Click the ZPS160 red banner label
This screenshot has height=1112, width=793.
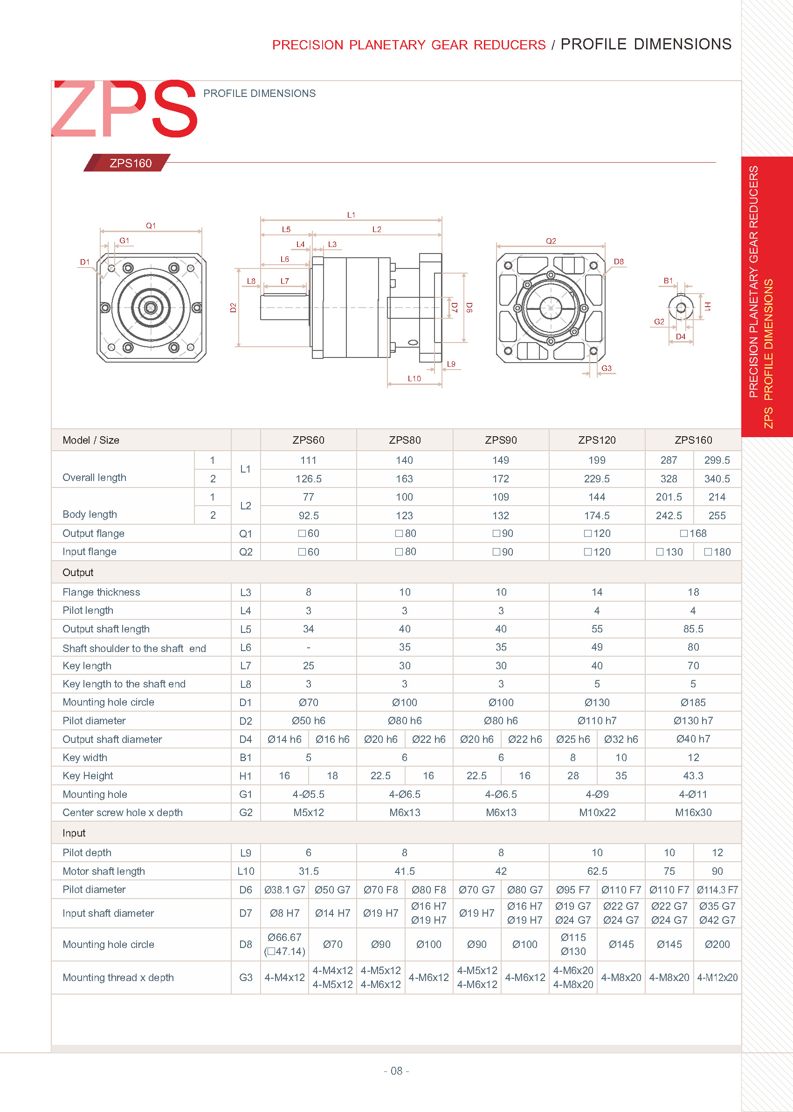tap(130, 163)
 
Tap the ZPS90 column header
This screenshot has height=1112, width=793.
tap(501, 440)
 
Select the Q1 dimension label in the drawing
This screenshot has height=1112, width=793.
tap(151, 226)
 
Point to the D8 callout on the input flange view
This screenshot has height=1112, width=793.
tap(619, 261)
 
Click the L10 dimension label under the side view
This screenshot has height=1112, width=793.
tap(414, 378)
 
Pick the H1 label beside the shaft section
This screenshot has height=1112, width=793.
tap(708, 307)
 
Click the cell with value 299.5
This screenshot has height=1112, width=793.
tap(717, 460)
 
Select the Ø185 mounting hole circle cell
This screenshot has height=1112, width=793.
tap(693, 702)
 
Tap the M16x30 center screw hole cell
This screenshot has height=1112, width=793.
tap(693, 813)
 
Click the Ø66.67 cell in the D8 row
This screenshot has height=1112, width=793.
tap(284, 938)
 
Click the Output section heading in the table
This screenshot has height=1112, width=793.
tap(78, 572)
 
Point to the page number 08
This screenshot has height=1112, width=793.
tap(396, 1071)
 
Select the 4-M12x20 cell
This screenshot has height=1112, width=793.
tap(717, 978)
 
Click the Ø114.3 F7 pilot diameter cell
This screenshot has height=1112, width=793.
tap(717, 890)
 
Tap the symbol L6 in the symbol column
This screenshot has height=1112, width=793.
tap(245, 647)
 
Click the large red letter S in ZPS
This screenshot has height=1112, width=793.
tap(175, 110)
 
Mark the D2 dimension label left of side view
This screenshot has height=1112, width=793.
tap(233, 308)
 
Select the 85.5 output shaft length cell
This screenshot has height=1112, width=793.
tap(693, 629)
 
